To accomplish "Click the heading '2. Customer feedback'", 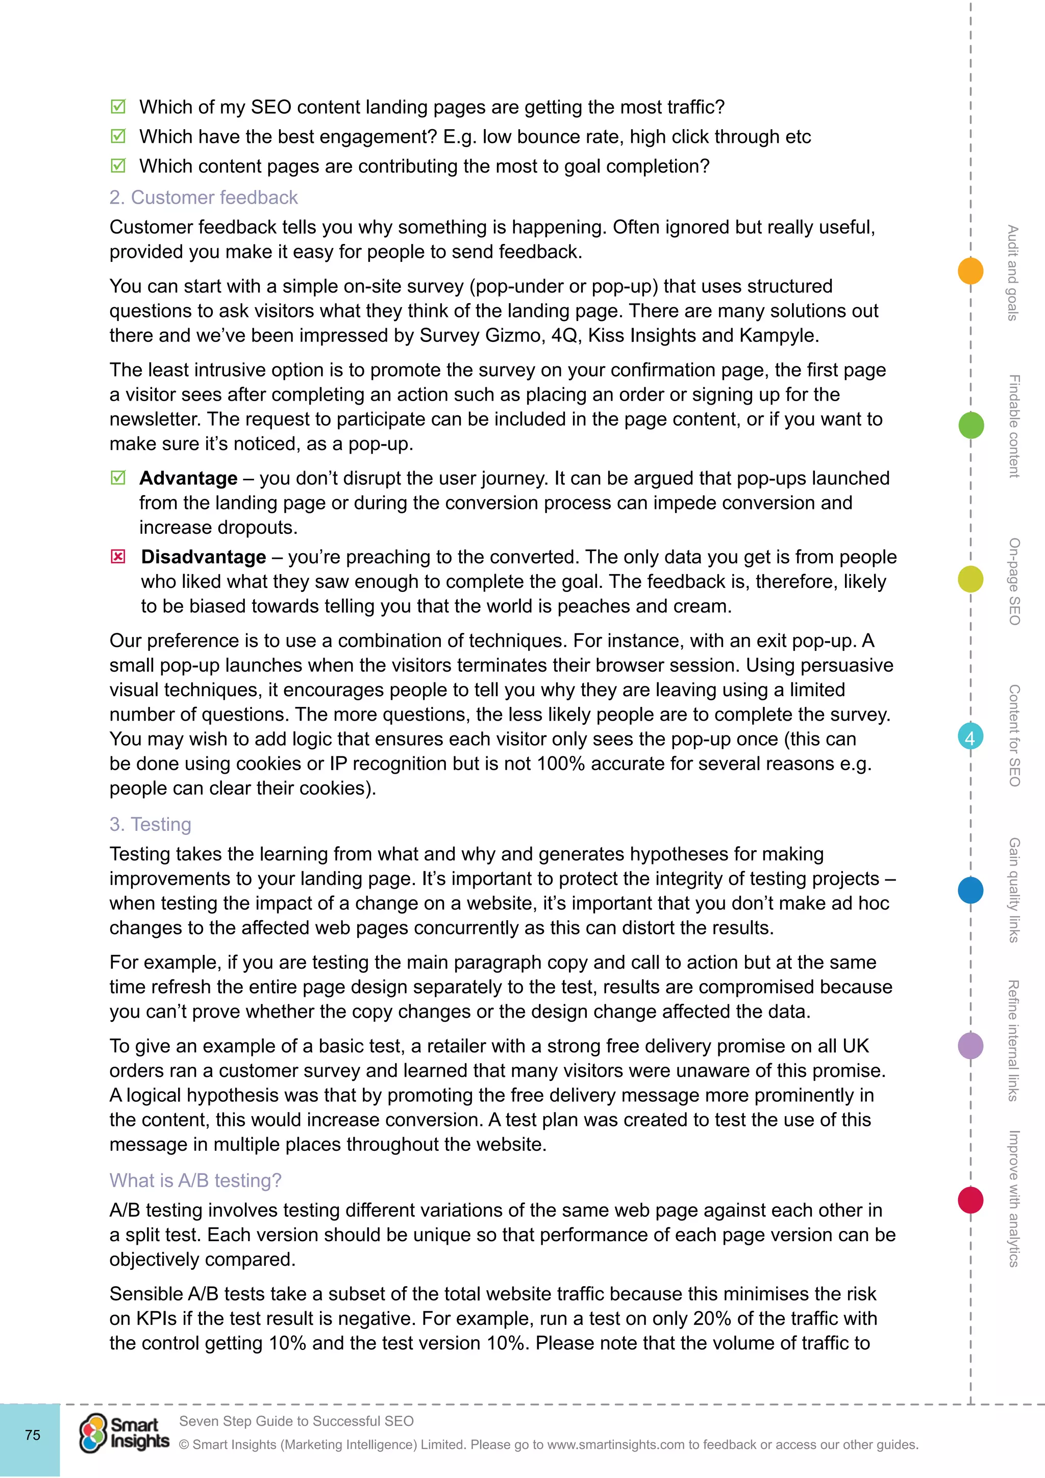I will (x=204, y=197).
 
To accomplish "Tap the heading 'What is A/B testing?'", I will (x=195, y=1180).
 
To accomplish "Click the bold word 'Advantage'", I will (x=188, y=478).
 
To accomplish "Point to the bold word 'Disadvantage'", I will (x=204, y=557).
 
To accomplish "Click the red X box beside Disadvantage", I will (x=118, y=556).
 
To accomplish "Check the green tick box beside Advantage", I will (x=118, y=478).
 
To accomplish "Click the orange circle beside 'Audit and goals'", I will (x=971, y=270).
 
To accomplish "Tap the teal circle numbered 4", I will (x=971, y=736).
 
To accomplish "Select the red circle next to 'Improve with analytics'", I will (x=971, y=1200).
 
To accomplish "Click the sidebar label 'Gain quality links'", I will (x=1014, y=890).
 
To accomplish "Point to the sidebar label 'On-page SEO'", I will (x=1014, y=581).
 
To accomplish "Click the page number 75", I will (x=32, y=1435).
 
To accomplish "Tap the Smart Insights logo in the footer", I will (x=124, y=1434).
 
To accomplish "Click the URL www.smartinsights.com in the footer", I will (x=616, y=1444).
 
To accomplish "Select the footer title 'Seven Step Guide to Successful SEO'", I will (x=296, y=1421).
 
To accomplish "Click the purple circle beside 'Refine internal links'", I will (x=971, y=1045).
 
